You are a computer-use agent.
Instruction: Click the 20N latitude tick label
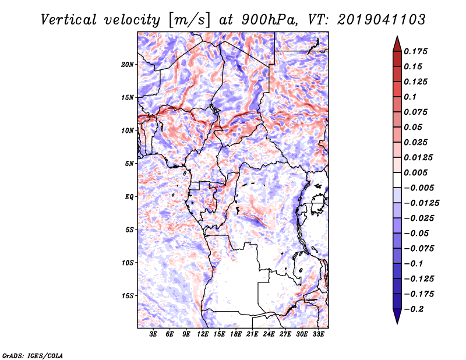coord(128,65)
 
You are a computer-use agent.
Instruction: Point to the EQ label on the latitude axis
coord(129,197)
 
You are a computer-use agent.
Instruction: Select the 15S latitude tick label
coord(128,296)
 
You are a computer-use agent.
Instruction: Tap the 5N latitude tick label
coord(129,164)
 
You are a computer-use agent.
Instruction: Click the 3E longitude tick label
coord(153,334)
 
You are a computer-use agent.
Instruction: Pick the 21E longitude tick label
coord(252,334)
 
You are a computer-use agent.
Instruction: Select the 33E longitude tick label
coord(318,334)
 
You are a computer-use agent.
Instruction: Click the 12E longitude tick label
coord(203,334)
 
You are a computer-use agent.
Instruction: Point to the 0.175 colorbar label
coord(415,51)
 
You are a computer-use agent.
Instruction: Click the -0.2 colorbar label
coord(414,309)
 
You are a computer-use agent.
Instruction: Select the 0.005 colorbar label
coord(415,172)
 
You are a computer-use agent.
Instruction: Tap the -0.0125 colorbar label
coord(421,203)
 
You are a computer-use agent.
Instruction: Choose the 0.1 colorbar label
coord(410,97)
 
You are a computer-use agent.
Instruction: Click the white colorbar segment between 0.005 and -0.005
coord(397,180)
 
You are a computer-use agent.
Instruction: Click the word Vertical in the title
coord(69,20)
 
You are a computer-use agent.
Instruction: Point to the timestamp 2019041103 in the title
coord(382,20)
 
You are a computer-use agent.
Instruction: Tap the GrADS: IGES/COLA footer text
coord(32,355)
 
